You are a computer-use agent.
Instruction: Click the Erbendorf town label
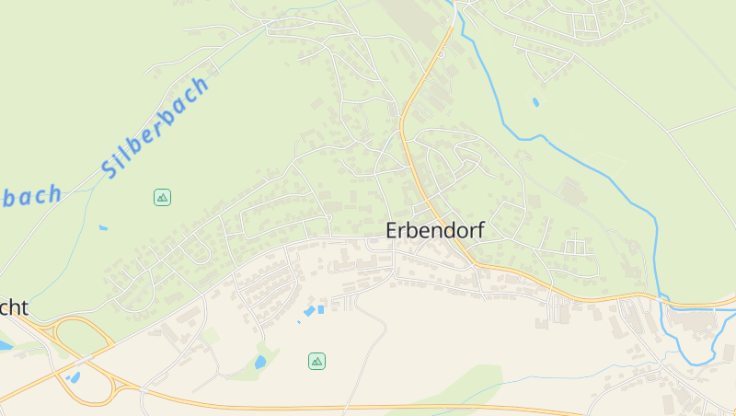pos(434,230)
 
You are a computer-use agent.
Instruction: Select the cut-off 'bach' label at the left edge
pos(31,196)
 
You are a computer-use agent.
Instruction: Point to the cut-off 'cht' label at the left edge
pos(13,307)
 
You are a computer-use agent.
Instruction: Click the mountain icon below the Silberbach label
pos(162,197)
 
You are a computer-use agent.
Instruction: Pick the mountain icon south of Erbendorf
pos(316,361)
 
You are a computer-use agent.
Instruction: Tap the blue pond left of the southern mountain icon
pos(261,362)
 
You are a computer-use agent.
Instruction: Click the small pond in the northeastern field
pos(535,102)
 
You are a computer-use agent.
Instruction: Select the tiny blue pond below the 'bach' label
pos(103,227)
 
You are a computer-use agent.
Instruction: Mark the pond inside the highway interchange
pos(73,376)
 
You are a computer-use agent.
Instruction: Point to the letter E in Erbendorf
pos(393,230)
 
